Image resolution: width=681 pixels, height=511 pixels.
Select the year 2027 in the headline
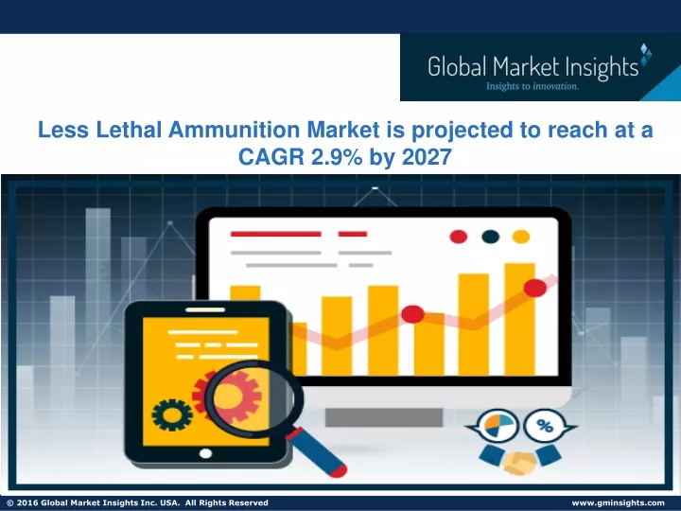click(427, 156)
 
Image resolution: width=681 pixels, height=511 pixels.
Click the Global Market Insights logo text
click(533, 67)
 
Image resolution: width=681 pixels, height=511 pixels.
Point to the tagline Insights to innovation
click(533, 86)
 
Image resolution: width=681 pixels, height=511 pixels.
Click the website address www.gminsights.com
click(618, 502)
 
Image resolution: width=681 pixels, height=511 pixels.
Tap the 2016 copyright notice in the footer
click(137, 502)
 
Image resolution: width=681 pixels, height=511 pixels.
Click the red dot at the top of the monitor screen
click(458, 237)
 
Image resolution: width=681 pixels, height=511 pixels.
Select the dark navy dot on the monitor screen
click(490, 237)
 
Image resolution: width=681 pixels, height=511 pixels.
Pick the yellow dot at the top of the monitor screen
click(521, 237)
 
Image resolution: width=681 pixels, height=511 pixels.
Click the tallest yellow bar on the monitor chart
click(519, 320)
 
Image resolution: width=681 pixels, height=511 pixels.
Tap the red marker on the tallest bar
click(535, 288)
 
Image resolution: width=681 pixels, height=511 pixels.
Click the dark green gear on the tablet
click(172, 415)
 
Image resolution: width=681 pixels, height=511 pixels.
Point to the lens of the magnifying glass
click(254, 399)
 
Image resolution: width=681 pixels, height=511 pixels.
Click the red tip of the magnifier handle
click(337, 470)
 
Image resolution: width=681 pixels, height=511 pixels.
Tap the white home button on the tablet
click(205, 453)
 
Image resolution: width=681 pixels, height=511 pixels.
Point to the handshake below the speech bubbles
click(520, 460)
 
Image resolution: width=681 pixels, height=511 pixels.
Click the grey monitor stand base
click(384, 417)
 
